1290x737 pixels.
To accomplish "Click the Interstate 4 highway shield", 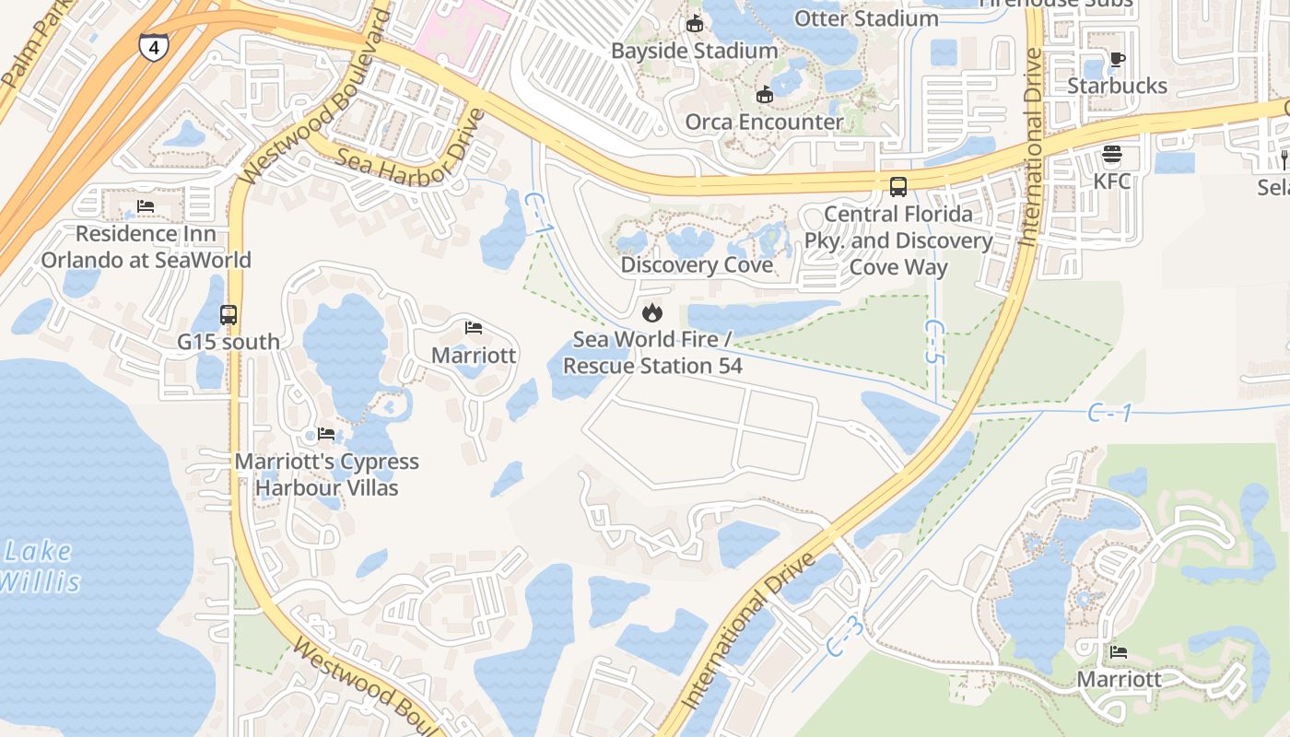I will pos(153,47).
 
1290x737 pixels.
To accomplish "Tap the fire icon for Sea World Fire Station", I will pos(652,312).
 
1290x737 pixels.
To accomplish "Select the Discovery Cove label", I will pos(696,265).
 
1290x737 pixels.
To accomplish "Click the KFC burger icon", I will pos(1111,154).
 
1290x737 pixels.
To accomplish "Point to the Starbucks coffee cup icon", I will pos(1117,60).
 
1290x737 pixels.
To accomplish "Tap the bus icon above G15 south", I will pos(229,315).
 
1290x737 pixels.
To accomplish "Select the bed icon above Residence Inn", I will pos(146,206).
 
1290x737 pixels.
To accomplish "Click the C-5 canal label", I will pos(935,342).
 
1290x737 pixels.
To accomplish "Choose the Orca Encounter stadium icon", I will pos(764,94).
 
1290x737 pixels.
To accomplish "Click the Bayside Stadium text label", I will pos(695,51).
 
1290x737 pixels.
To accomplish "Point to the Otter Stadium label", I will pos(866,18).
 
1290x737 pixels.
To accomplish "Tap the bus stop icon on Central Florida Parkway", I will pos(898,187).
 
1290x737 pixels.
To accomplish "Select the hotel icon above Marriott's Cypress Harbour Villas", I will pos(326,434).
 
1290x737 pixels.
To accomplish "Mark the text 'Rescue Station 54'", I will pos(652,366).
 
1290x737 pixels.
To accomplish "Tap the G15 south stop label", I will pos(229,342).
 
